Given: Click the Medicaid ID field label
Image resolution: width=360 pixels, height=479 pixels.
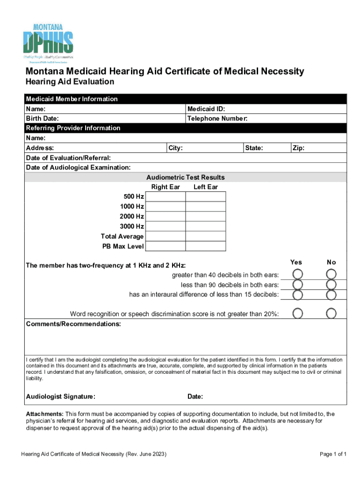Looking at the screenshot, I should click(206, 109).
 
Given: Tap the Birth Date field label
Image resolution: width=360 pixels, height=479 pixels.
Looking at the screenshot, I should click(42, 119).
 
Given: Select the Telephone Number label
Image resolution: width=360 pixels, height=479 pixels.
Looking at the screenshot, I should click(217, 119).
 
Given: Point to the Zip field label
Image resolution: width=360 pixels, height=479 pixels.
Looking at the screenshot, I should click(299, 148).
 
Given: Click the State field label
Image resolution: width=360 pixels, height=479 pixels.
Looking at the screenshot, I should click(254, 148).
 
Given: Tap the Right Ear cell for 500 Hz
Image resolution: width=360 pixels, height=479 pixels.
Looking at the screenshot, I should click(165, 196).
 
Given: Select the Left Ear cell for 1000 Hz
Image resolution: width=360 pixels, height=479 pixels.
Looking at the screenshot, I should click(205, 206).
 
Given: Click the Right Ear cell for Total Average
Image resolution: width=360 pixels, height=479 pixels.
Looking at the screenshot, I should click(165, 236).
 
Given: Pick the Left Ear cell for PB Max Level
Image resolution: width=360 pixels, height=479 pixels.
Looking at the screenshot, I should click(205, 246).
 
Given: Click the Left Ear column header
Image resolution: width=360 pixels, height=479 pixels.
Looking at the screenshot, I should click(205, 187).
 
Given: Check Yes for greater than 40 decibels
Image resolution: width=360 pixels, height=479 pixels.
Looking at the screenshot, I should click(297, 274).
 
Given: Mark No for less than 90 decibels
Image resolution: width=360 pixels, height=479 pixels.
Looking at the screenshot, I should click(331, 284).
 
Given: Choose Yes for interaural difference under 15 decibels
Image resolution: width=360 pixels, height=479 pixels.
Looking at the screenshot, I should click(297, 295).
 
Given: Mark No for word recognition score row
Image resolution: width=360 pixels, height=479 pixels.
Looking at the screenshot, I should click(331, 313).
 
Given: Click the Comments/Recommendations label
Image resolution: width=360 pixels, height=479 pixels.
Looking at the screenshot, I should click(73, 324).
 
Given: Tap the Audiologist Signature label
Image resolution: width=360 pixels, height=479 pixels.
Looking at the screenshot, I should click(61, 397).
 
